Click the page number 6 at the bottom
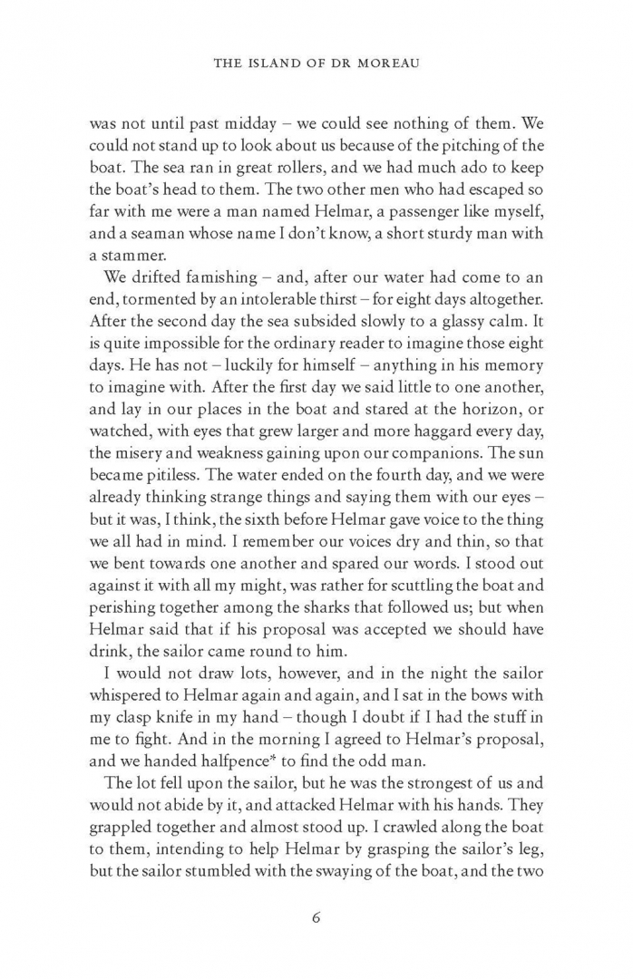click(x=316, y=916)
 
